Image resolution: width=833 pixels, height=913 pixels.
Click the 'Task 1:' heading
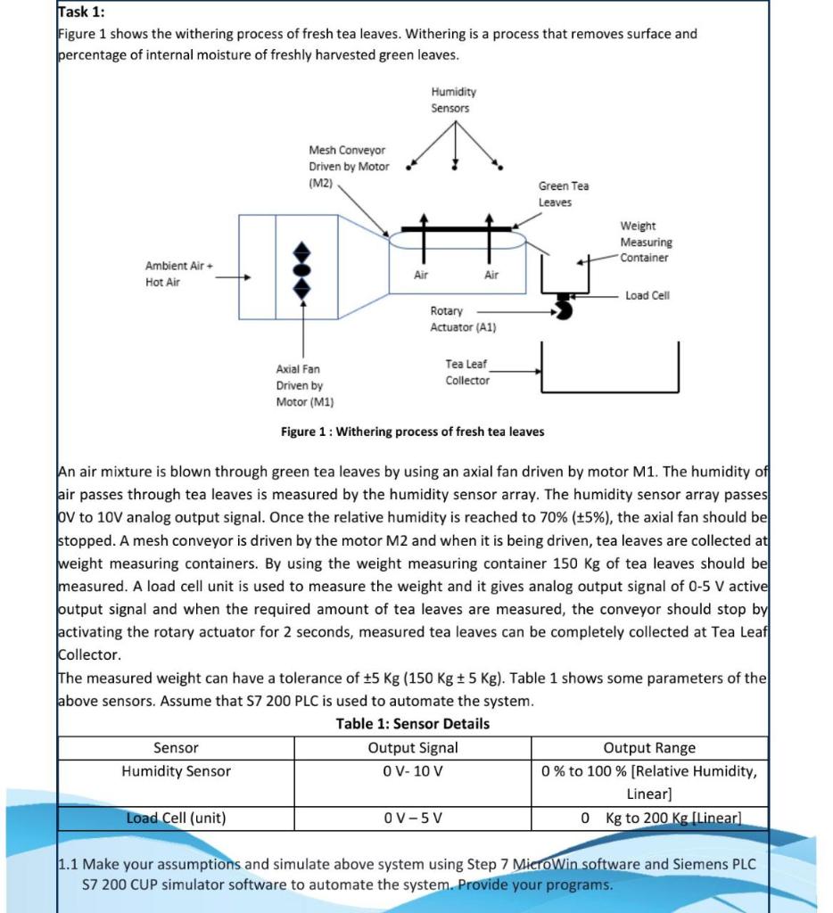(81, 12)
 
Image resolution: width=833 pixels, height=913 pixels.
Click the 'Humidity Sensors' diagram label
(453, 100)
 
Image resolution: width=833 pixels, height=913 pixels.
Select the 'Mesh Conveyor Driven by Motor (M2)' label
(349, 167)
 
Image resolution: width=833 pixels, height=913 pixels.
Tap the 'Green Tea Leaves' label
(563, 193)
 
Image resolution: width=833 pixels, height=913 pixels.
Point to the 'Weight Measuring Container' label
(646, 243)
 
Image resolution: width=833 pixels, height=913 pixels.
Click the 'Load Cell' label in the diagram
(647, 295)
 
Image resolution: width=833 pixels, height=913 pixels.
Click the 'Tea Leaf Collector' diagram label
(467, 373)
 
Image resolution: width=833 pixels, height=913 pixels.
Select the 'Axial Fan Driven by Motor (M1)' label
(304, 385)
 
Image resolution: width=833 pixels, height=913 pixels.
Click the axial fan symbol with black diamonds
(302, 268)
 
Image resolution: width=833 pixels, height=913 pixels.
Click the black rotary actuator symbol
(563, 308)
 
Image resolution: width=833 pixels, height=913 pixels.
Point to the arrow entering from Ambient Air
(233, 276)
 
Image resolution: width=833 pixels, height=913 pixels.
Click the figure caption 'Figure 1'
(412, 432)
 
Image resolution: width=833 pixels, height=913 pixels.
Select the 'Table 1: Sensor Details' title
(412, 723)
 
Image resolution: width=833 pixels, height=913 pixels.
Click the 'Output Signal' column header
(412, 748)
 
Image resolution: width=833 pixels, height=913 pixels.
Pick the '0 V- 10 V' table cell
(412, 771)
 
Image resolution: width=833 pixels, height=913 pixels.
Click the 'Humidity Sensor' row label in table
(176, 771)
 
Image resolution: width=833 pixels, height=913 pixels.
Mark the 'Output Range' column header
(648, 748)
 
